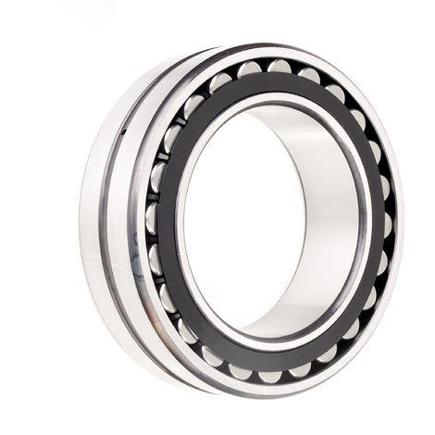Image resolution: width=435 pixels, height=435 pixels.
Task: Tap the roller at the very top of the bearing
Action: (278, 67)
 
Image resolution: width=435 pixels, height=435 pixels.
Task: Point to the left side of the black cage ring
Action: (168, 222)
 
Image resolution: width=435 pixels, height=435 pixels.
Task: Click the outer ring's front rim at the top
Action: (278, 50)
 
